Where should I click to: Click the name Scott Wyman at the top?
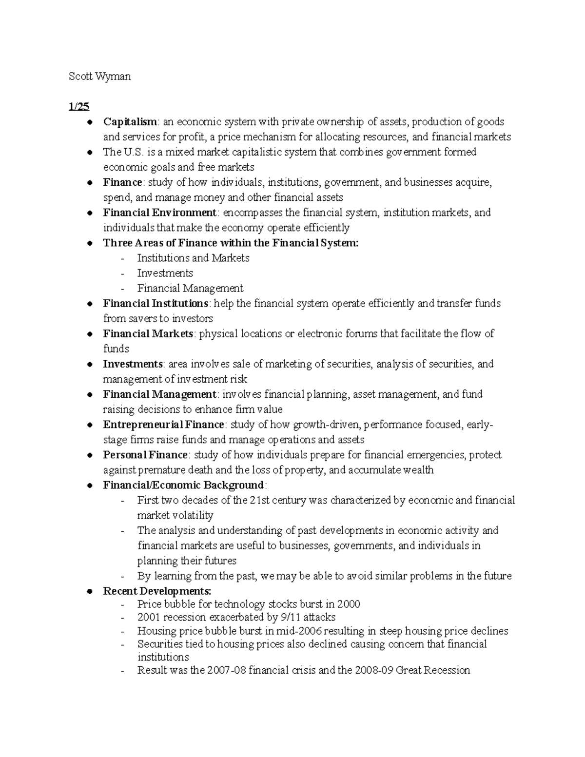(x=99, y=77)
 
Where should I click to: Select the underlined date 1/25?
(x=79, y=107)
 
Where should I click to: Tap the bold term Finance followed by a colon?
(x=122, y=183)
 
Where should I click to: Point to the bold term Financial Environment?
(x=159, y=213)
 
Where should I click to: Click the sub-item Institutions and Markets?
(x=193, y=258)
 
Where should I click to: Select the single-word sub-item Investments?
(x=165, y=273)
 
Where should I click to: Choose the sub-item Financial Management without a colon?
(x=190, y=289)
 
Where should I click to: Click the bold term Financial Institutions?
(x=156, y=304)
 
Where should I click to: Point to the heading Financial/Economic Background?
(x=183, y=485)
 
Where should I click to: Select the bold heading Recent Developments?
(x=157, y=591)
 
